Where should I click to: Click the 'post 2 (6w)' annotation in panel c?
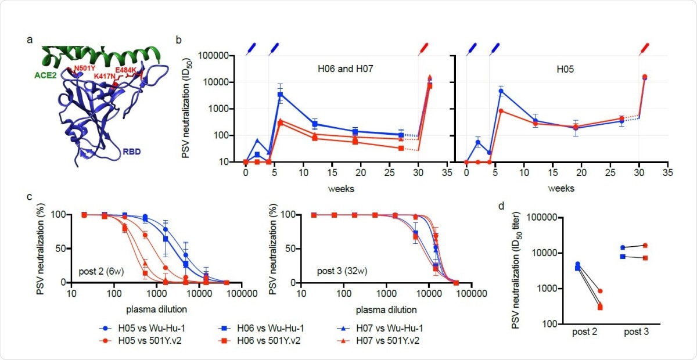click(x=100, y=271)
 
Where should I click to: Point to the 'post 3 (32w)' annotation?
click(x=333, y=271)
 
